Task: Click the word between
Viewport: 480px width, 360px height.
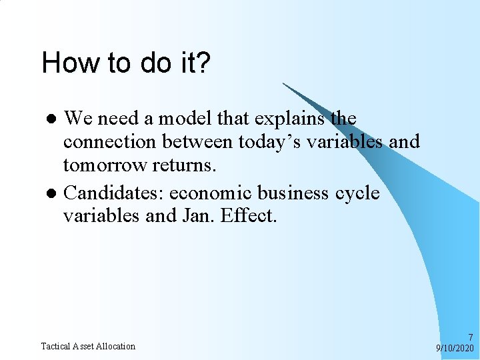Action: (197, 143)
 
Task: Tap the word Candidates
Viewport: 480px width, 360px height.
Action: (113, 193)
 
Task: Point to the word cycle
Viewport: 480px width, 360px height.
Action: (357, 193)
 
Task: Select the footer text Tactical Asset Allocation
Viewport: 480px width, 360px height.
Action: (88, 346)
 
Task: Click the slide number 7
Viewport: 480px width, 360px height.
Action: (471, 337)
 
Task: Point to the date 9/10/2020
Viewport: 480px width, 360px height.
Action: (455, 348)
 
